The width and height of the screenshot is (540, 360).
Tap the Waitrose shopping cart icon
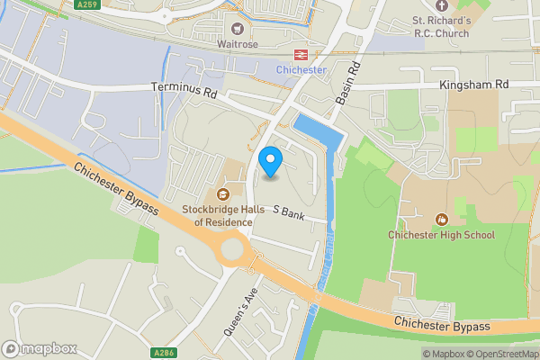coord(238,29)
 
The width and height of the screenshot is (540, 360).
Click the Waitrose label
coord(238,45)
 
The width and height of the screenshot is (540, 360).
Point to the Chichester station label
coord(301,68)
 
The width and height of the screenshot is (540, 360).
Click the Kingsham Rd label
coord(474,85)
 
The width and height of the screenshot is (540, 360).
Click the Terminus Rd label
coord(185,92)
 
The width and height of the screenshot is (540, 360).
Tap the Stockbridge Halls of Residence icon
coord(222,193)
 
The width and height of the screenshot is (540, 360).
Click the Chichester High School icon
coord(442,219)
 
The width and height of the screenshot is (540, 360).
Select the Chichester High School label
coord(442,235)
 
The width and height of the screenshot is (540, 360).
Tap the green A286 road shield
coord(163,352)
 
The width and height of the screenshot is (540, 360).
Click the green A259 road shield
coord(86,4)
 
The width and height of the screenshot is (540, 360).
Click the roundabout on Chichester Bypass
coord(233,249)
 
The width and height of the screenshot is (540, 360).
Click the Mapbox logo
coord(39,348)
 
